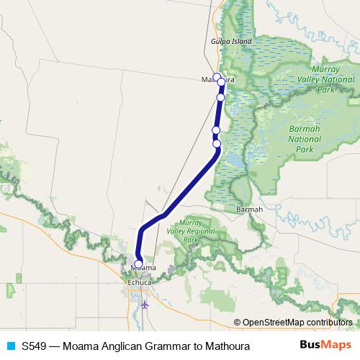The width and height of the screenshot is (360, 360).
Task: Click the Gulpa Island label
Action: click(x=231, y=42)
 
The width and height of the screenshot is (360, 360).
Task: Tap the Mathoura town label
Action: click(x=219, y=79)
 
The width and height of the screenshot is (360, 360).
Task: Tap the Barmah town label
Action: click(x=248, y=210)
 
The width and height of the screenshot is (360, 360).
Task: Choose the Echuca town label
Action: click(x=140, y=283)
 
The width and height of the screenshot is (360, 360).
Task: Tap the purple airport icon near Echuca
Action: click(x=145, y=305)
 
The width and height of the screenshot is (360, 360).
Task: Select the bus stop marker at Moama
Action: click(x=139, y=264)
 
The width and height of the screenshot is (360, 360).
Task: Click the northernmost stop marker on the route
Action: click(x=217, y=76)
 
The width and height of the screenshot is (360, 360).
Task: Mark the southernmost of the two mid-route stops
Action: click(x=217, y=143)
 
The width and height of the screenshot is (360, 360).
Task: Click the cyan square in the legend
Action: click(x=10, y=346)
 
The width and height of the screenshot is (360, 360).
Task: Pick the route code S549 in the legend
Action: click(x=35, y=346)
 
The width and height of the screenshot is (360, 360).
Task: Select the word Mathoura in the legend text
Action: click(x=225, y=346)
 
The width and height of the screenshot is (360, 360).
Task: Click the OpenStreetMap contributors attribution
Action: click(x=297, y=322)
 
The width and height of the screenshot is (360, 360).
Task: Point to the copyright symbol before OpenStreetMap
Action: click(x=238, y=322)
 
